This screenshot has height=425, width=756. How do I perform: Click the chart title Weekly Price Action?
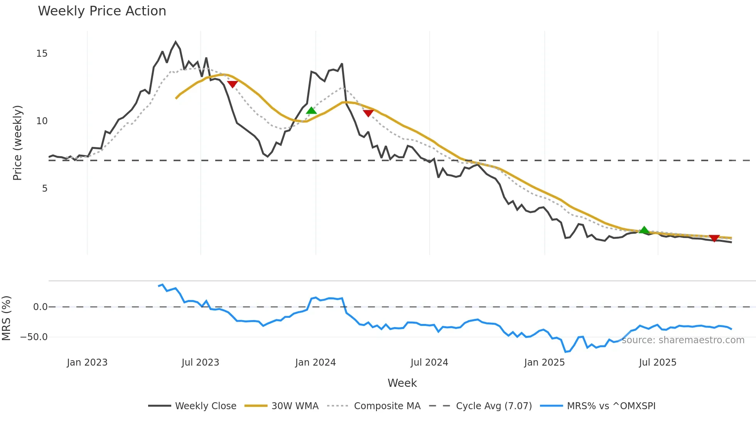(102, 11)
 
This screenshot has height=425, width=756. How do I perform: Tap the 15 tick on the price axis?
(42, 54)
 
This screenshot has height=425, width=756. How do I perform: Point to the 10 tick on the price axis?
(42, 121)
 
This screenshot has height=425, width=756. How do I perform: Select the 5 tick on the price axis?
(45, 189)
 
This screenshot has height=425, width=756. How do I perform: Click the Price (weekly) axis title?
(18, 143)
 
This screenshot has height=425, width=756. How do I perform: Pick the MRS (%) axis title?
(7, 318)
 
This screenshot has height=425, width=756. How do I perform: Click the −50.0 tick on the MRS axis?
(34, 337)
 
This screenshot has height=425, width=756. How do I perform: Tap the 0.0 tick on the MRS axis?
(40, 307)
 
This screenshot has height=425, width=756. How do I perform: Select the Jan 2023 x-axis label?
(87, 363)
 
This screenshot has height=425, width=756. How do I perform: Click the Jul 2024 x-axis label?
(429, 363)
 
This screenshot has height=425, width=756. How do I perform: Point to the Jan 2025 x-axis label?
(544, 363)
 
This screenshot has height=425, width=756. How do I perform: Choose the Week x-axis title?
(402, 383)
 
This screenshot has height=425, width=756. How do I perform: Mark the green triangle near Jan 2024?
(311, 111)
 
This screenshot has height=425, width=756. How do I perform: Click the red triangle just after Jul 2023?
(232, 84)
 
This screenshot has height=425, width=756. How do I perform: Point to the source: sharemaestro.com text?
(683, 340)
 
